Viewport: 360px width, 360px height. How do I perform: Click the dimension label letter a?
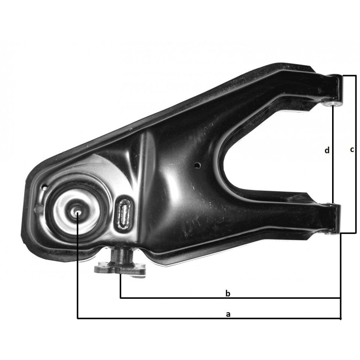tap(228, 314)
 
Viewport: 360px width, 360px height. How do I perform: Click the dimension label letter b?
tap(228, 293)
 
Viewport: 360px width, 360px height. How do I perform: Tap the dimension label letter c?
tap(352, 150)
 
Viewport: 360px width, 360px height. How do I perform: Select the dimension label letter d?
tap(327, 150)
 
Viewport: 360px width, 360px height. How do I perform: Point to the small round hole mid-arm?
tap(197, 165)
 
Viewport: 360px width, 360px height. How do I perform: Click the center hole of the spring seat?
tap(78, 213)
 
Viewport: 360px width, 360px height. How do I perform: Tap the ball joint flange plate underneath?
tap(120, 269)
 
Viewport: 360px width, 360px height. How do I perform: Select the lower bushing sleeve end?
tap(330, 233)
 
